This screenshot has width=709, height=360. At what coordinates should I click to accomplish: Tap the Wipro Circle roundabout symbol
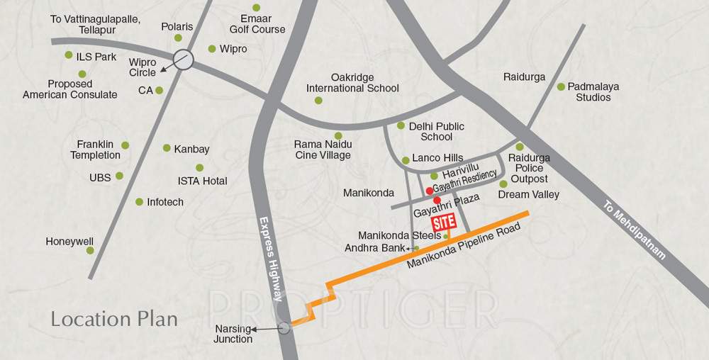(x=184, y=59)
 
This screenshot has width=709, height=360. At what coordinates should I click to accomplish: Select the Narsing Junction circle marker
(x=285, y=327)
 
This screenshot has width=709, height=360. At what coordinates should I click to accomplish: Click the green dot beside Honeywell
(x=90, y=249)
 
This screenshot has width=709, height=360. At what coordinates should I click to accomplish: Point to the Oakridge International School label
(x=352, y=83)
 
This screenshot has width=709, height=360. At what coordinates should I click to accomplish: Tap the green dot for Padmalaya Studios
(x=561, y=87)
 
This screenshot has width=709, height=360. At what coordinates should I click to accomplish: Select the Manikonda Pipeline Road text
(x=464, y=245)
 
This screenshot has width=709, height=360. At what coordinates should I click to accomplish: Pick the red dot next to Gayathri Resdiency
(x=430, y=191)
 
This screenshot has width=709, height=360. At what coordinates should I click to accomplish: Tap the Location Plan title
(x=114, y=318)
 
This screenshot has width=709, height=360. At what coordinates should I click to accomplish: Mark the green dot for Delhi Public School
(x=401, y=125)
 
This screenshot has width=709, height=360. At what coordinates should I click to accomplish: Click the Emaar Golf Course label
(x=257, y=23)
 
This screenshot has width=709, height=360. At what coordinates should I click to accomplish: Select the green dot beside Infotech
(x=139, y=202)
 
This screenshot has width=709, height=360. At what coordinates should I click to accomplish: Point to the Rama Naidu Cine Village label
(x=323, y=150)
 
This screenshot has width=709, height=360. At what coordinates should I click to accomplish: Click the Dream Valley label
(x=528, y=194)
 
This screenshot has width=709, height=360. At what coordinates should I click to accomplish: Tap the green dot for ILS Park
(x=69, y=55)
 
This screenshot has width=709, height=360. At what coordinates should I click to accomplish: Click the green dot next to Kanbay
(x=167, y=148)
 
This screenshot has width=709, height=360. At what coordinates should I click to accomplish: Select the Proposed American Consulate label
(x=70, y=89)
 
